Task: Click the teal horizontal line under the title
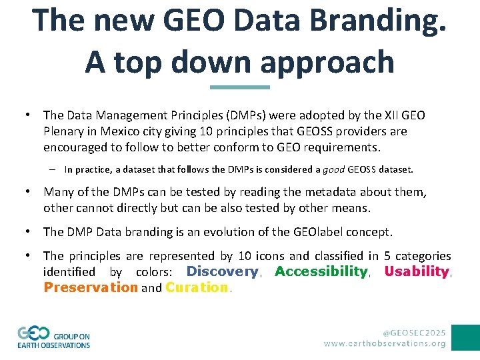(240, 87)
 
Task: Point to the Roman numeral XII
(393, 115)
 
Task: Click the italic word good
(333, 169)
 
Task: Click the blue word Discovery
(222, 271)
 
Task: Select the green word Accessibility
(321, 271)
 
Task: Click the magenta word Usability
(417, 271)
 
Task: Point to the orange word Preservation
(91, 287)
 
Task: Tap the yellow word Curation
(197, 287)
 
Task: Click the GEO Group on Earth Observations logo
(53, 337)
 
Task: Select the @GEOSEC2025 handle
(413, 331)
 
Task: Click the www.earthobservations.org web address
(385, 343)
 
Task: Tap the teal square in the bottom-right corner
(465, 337)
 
